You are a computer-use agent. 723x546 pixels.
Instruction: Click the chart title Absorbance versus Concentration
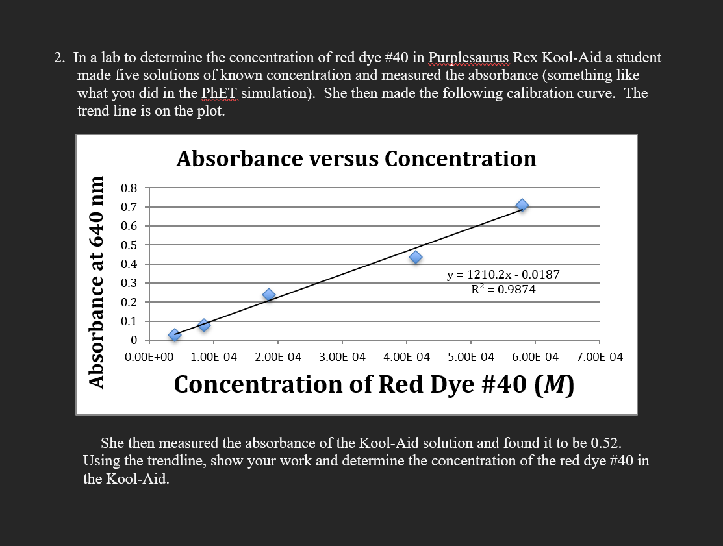pyautogui.click(x=356, y=158)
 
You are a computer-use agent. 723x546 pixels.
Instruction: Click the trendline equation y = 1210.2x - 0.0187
pyautogui.click(x=503, y=275)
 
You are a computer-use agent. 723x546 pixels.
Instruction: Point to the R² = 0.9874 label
pyautogui.click(x=503, y=290)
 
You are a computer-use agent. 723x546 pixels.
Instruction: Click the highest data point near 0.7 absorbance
pyautogui.click(x=522, y=205)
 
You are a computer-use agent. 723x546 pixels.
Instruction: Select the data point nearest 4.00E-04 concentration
pyautogui.click(x=416, y=257)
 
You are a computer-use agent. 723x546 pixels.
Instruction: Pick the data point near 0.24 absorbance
pyautogui.click(x=269, y=295)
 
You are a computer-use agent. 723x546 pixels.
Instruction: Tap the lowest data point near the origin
pyautogui.click(x=174, y=335)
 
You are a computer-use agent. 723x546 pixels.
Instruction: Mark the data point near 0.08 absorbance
pyautogui.click(x=204, y=325)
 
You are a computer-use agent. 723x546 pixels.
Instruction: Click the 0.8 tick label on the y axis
pyautogui.click(x=129, y=188)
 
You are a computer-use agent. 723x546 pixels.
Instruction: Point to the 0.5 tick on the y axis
pyautogui.click(x=129, y=245)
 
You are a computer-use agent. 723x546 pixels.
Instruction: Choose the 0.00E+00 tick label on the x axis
pyautogui.click(x=149, y=356)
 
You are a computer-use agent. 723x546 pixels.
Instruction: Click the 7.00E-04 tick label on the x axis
pyautogui.click(x=599, y=356)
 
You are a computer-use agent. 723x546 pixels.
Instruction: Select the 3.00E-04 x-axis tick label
pyautogui.click(x=342, y=356)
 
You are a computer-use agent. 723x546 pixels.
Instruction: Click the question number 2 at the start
pyautogui.click(x=59, y=58)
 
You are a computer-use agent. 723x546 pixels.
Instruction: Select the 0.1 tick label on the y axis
pyautogui.click(x=129, y=321)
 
